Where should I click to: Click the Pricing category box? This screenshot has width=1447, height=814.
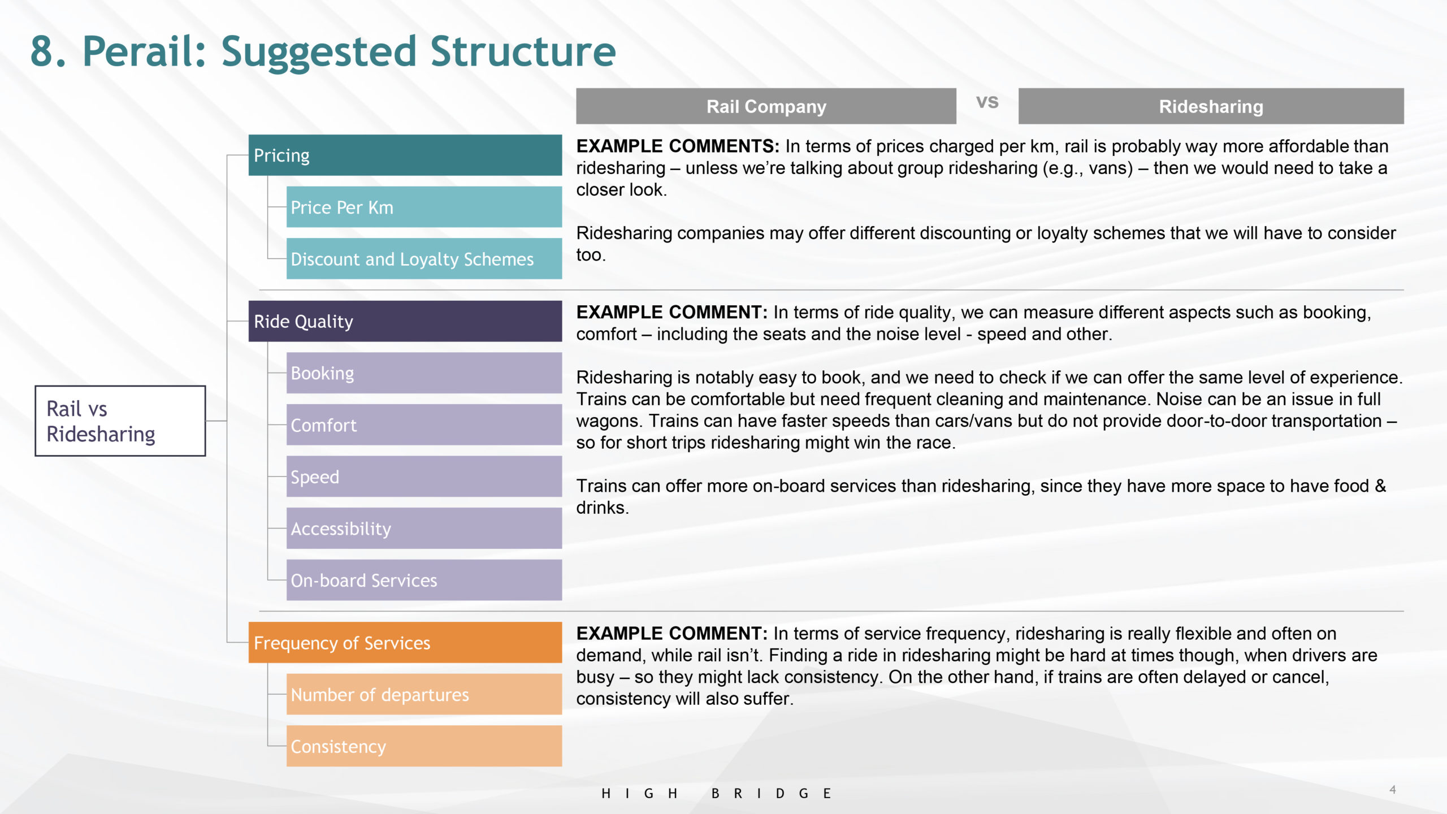[405, 155]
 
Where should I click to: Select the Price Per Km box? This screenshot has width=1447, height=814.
[424, 207]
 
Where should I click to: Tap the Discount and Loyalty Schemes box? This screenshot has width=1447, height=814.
[424, 258]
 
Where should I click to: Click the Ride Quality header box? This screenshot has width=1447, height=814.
[405, 321]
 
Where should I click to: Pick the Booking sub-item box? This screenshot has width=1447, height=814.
[424, 373]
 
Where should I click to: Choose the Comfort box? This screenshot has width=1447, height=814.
[424, 425]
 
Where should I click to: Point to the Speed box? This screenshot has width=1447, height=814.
[424, 477]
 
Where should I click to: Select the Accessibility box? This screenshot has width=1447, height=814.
[424, 528]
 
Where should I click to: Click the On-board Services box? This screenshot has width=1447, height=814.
[424, 580]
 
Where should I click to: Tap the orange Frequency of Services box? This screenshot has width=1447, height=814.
[405, 643]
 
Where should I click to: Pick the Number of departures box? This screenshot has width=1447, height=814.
[424, 694]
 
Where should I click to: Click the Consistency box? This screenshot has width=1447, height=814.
[424, 746]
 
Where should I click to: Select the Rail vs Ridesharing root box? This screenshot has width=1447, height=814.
[120, 421]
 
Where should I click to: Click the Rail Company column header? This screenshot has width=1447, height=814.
[766, 106]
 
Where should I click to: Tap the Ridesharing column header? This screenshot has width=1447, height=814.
[1211, 106]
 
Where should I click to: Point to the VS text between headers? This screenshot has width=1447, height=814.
[987, 102]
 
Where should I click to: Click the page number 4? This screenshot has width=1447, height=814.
[1393, 790]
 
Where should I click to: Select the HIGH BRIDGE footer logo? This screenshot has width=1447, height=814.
[716, 794]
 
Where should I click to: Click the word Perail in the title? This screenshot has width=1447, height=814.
[144, 51]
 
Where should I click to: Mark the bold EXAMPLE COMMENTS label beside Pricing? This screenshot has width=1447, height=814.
[678, 146]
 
